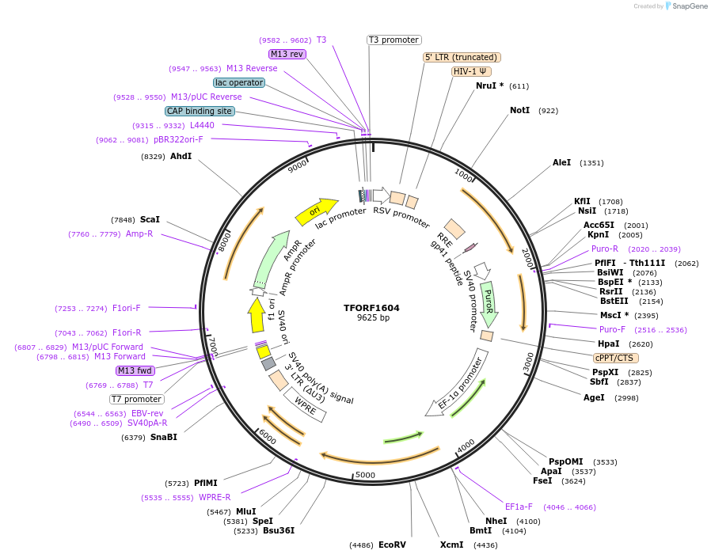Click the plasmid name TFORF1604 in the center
coord(371,308)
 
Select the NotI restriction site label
coord(519,110)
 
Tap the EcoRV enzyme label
coord(392,545)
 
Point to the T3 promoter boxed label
coord(394,40)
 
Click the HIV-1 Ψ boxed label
coord(470,71)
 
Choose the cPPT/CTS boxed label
coord(613,358)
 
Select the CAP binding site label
coord(200,111)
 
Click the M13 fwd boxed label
coord(135,370)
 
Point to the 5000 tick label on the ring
coord(365,475)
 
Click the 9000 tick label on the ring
coord(298,165)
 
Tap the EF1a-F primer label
coord(519,507)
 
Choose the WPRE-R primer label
coord(215,497)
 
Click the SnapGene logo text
coord(688,6)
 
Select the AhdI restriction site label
coord(181,156)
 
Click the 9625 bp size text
coord(371,318)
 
